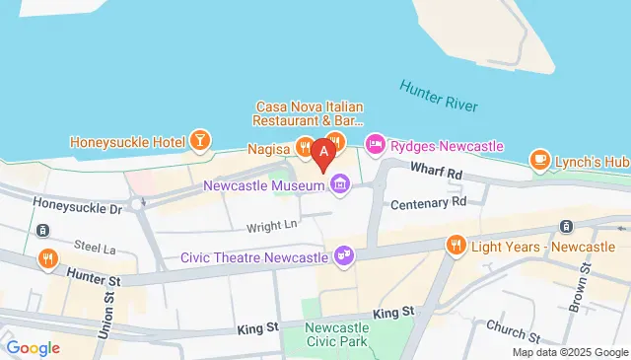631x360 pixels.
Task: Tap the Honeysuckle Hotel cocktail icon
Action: point(200,141)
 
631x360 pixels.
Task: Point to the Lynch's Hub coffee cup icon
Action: point(539,159)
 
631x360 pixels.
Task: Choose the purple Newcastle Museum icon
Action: point(340,184)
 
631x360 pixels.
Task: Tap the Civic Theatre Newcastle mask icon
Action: point(344,255)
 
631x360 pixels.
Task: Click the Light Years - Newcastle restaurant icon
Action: point(456,244)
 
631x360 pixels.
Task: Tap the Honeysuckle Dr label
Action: point(77,208)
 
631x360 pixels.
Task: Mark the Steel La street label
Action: point(95,244)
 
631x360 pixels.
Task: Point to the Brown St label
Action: point(585,279)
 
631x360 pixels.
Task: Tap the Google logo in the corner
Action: point(34,347)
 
